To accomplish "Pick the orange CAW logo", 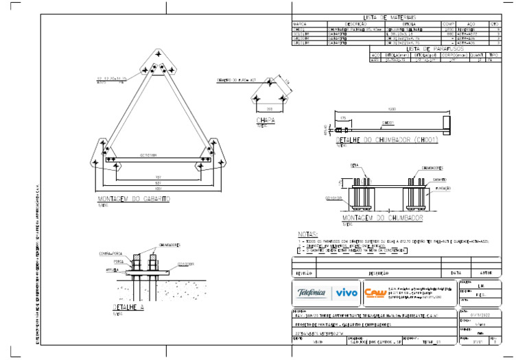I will pos(375,293).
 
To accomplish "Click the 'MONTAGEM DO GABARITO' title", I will pos(134,199).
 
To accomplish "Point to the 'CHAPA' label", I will pos(265,121).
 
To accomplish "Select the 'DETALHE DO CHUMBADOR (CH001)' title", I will pos(388,140).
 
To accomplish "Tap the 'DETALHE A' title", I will pos(128,308).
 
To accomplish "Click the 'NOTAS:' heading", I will pos(307,235).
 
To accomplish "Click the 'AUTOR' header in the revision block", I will pos(485,272).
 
